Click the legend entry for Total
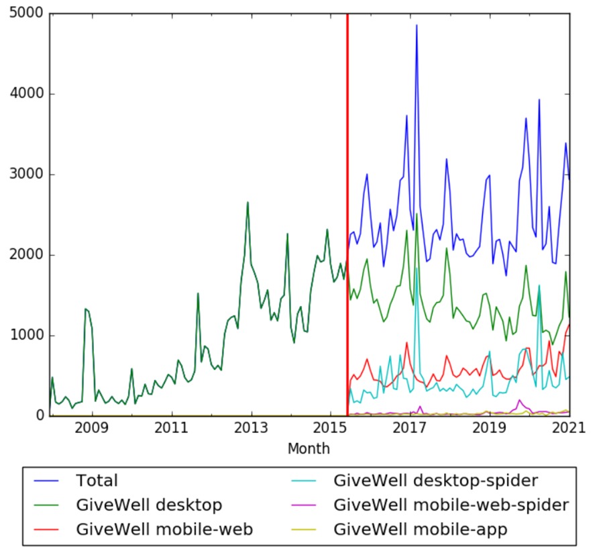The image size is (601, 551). click(97, 481)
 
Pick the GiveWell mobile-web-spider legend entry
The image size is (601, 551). click(450, 505)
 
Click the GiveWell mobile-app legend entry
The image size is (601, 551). click(419, 530)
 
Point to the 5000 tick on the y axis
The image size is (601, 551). click(27, 13)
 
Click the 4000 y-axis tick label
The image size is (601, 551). click(27, 94)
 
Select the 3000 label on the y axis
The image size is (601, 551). click(27, 174)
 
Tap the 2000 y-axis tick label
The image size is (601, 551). click(27, 255)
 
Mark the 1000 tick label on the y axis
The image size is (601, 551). click(27, 336)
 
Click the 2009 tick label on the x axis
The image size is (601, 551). click(93, 428)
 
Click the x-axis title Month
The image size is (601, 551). click(309, 448)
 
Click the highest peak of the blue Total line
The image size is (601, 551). click(417, 26)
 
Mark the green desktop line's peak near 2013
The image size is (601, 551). click(248, 202)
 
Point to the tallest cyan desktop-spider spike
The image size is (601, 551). click(417, 268)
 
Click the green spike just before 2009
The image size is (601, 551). click(85, 309)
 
